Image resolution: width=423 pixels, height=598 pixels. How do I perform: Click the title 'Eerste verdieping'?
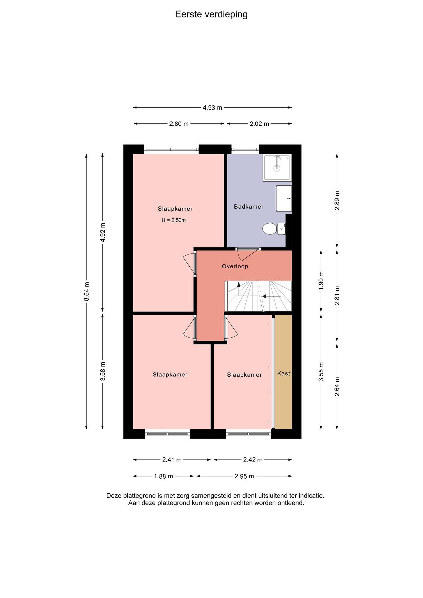coord(211,15)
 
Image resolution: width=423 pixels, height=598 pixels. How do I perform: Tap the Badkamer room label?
coord(249,207)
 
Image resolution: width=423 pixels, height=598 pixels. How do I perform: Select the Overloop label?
coord(235,266)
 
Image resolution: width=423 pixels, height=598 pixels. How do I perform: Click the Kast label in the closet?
coord(283,373)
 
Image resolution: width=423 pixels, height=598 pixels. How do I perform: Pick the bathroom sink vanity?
coord(284,199)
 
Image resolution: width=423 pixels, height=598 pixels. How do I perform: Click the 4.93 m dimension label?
coord(212,108)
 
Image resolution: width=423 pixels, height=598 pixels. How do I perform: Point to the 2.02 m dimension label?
coord(259,124)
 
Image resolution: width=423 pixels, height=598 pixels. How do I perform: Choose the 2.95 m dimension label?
coord(244,476)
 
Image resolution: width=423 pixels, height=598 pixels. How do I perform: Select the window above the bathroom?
coord(245,149)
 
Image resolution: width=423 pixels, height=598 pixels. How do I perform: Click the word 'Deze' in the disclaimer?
coord(114,496)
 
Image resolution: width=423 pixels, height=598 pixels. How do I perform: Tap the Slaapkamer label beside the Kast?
coord(244,375)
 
